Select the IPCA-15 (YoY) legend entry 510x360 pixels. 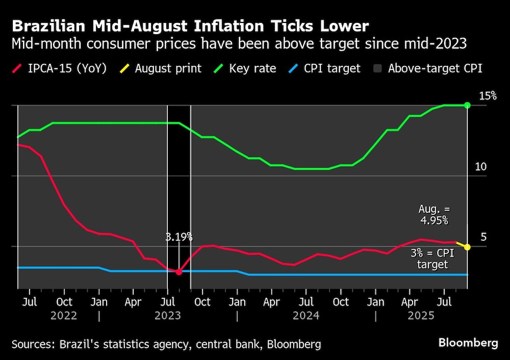[61, 68]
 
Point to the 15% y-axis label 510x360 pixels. [487, 96]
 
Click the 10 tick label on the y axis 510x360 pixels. [480, 167]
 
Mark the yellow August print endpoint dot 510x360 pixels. [467, 247]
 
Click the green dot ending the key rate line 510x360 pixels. [467, 105]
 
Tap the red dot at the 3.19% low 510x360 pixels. [179, 272]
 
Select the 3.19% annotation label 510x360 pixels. [179, 237]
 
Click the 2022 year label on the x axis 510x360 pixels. [64, 316]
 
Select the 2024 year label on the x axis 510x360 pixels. [306, 316]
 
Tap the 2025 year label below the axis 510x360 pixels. [421, 316]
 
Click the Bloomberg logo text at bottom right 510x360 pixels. [467, 343]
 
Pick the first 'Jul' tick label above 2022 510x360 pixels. [30, 302]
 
